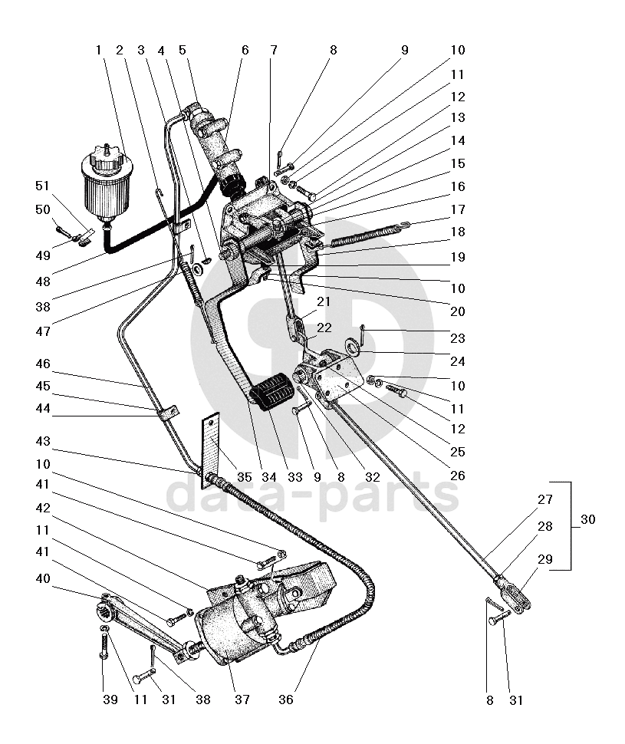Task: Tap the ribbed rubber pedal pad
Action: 274,393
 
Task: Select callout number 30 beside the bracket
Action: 588,520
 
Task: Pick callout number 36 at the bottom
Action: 286,700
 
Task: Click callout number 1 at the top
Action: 98,50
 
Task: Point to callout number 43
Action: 42,443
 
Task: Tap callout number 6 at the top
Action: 245,50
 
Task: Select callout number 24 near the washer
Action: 457,361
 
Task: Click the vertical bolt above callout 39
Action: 103,646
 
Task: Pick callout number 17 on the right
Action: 457,208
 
